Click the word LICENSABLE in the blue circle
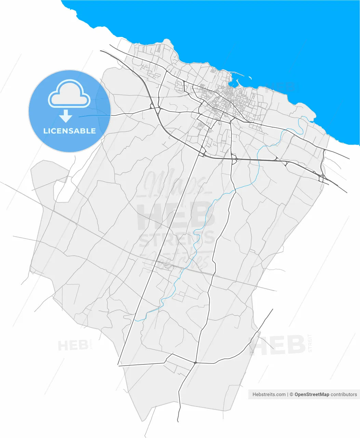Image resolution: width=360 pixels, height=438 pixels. (x=69, y=131)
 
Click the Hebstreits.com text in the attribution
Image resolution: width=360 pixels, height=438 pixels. (x=269, y=394)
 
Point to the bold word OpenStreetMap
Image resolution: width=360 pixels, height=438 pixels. (x=312, y=394)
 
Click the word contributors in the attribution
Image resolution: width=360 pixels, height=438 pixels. (x=344, y=394)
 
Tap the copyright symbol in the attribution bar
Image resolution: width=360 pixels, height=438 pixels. (x=291, y=394)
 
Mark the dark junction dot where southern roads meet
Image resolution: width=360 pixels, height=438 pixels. (x=195, y=362)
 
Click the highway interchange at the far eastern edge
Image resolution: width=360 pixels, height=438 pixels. (x=322, y=177)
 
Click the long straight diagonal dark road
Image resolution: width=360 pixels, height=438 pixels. (x=159, y=260)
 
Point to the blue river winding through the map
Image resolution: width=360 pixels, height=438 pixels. (x=202, y=219)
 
